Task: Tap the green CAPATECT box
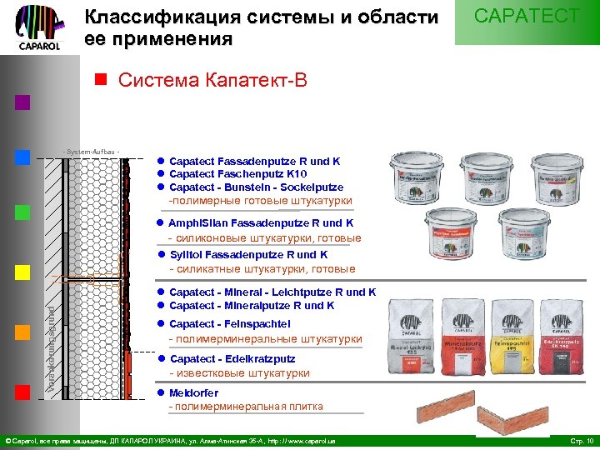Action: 527,22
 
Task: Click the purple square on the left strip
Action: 22,102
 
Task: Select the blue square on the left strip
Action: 22,157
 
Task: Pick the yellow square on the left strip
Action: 22,272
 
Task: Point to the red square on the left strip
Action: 22,392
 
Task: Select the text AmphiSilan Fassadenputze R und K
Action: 261,223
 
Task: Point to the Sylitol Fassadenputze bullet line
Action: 248,255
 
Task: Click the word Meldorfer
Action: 193,392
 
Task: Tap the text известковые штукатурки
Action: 239,373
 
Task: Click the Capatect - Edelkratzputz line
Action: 232,359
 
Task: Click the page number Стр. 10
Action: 580,440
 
